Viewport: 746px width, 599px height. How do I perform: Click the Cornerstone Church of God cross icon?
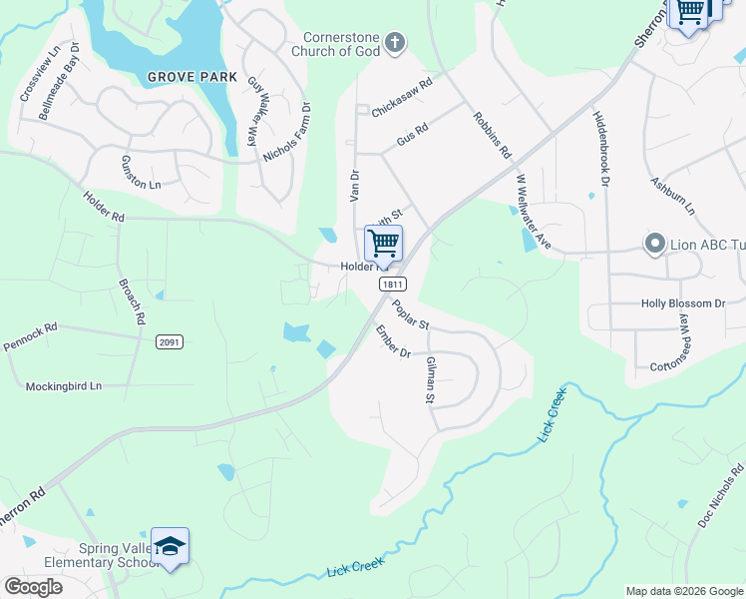(x=396, y=42)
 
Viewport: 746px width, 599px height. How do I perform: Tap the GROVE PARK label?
(x=192, y=77)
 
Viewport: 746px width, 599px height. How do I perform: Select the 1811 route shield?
(x=391, y=285)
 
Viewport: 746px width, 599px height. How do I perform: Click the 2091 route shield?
(x=170, y=341)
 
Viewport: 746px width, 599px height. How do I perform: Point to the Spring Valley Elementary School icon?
(x=171, y=545)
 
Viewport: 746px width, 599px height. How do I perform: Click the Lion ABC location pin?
(x=655, y=244)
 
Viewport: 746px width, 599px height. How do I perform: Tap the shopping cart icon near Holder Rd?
(x=383, y=243)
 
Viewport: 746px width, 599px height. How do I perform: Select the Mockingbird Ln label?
(x=64, y=385)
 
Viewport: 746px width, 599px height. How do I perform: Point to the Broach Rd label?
(x=133, y=300)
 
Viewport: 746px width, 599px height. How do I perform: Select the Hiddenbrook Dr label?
(x=599, y=148)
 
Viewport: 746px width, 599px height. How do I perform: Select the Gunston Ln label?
(x=141, y=173)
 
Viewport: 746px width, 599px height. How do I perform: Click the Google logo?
(x=33, y=587)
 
